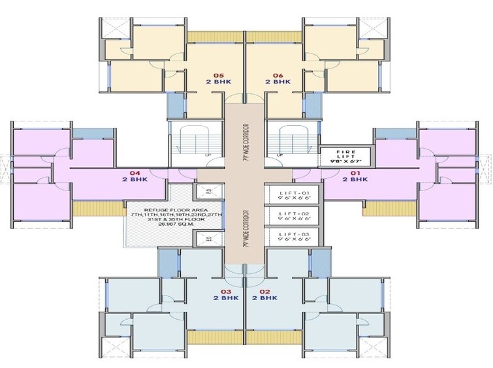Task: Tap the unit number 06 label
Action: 277,74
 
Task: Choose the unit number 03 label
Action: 227,291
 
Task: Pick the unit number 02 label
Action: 264,291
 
